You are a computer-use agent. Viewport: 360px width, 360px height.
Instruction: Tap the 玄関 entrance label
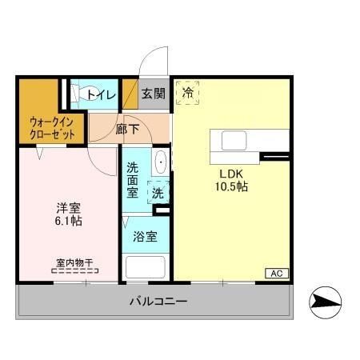pyautogui.click(x=154, y=94)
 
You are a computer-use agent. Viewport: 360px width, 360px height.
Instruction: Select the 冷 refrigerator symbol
pyautogui.click(x=187, y=94)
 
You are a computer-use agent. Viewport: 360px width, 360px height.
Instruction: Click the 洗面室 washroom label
pyautogui.click(x=133, y=180)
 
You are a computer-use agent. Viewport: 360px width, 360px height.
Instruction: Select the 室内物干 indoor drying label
pyautogui.click(x=74, y=262)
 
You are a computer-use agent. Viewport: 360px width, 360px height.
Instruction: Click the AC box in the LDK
pyautogui.click(x=276, y=274)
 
